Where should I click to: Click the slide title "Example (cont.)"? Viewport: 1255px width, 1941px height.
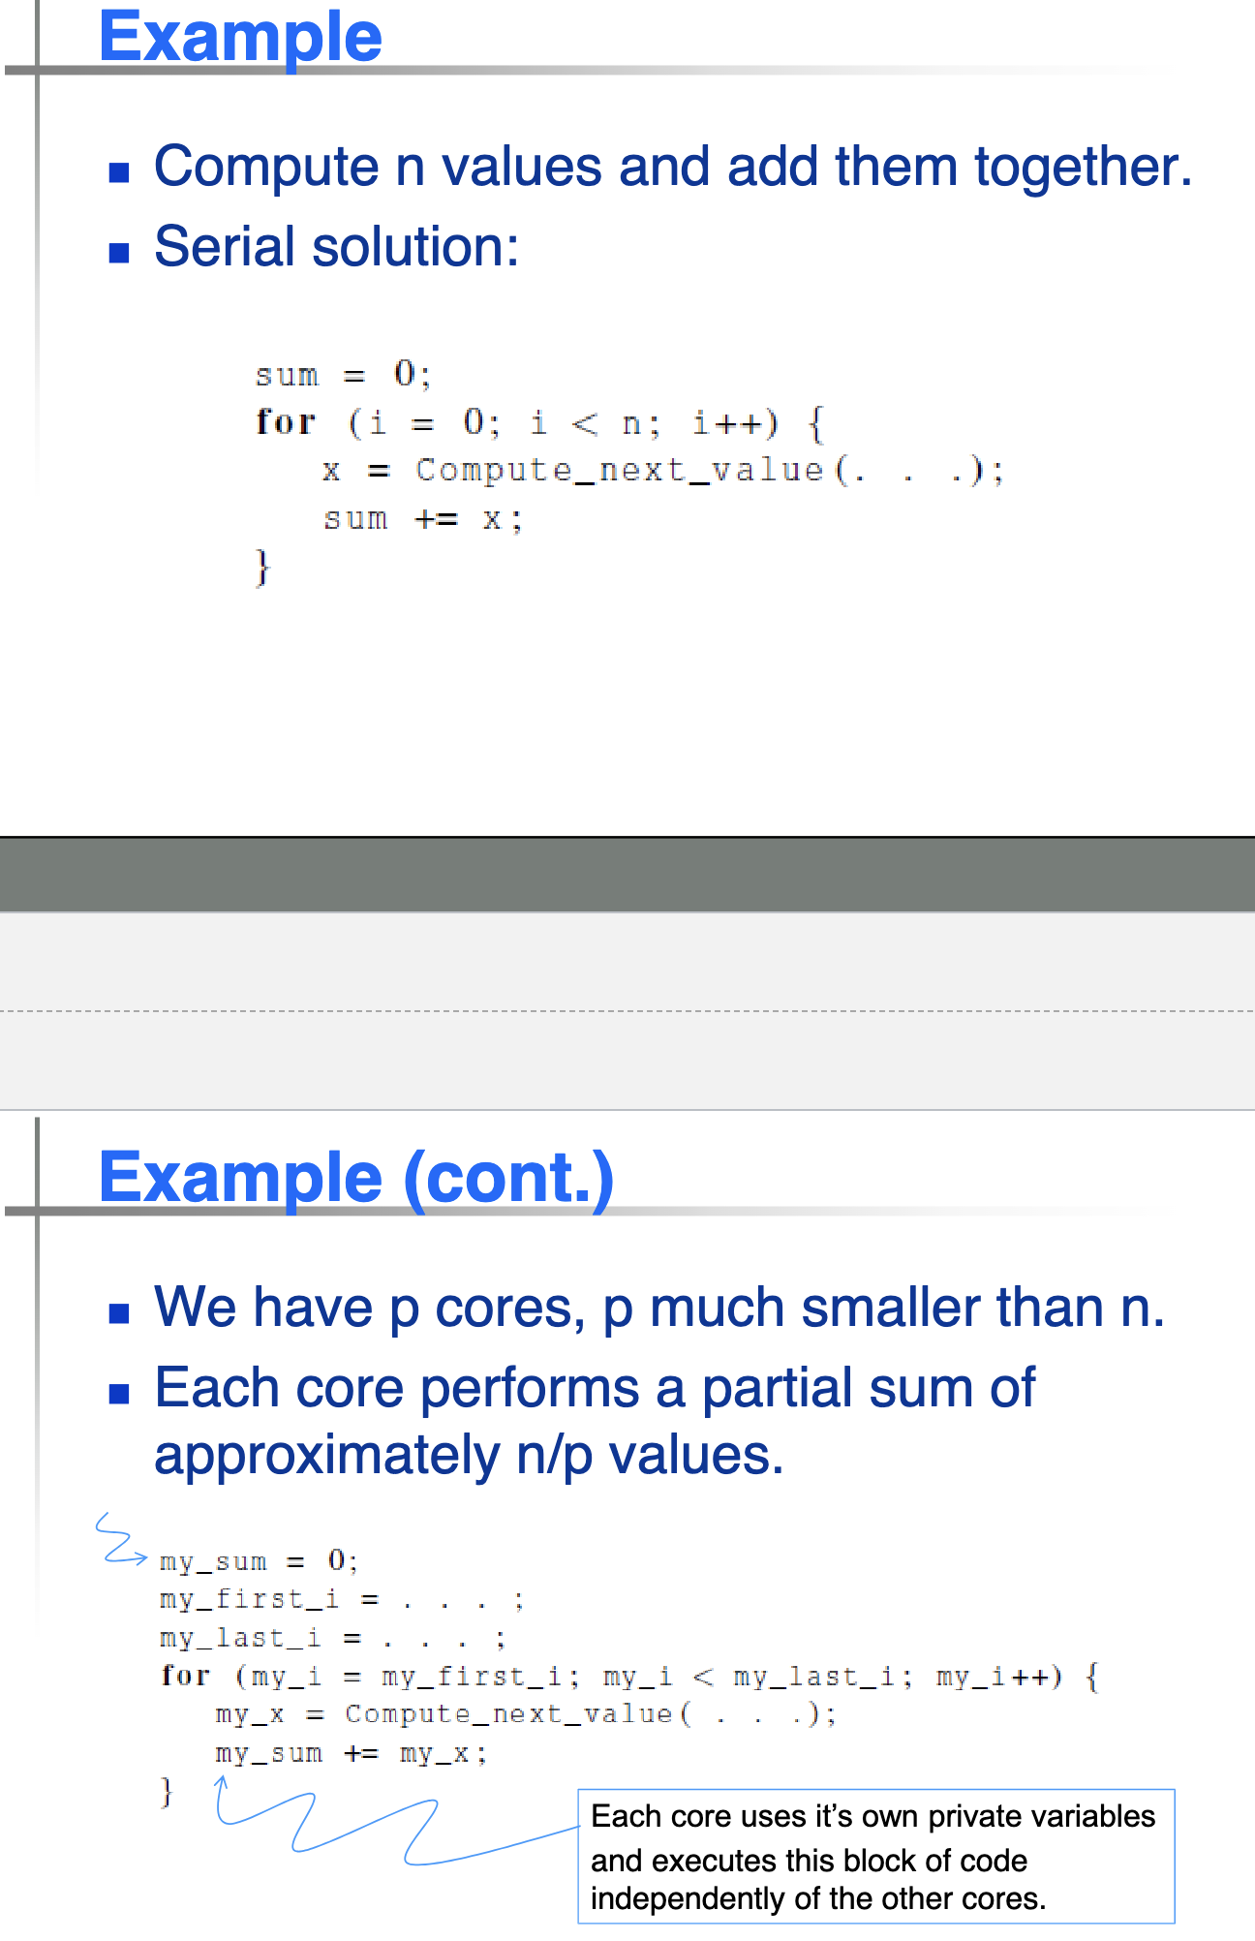356,1178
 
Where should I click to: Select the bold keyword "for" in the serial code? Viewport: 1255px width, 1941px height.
286,422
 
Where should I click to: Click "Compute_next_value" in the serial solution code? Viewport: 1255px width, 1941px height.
619,471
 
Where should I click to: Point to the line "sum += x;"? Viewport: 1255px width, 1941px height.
423,519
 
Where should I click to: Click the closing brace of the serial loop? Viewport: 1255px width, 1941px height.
261,567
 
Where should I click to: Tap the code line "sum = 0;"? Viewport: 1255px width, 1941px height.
343,374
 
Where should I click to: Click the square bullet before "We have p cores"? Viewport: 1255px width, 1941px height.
119,1313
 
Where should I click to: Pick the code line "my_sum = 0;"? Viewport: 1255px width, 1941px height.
259,1561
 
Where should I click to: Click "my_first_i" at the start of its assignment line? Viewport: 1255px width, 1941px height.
249,1599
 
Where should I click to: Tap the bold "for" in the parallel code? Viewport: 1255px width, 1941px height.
185,1676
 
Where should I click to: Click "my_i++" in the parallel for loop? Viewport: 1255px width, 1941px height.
994,1677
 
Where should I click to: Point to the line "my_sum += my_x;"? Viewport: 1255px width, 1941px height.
351,1753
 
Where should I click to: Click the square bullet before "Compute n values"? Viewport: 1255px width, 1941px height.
119,173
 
